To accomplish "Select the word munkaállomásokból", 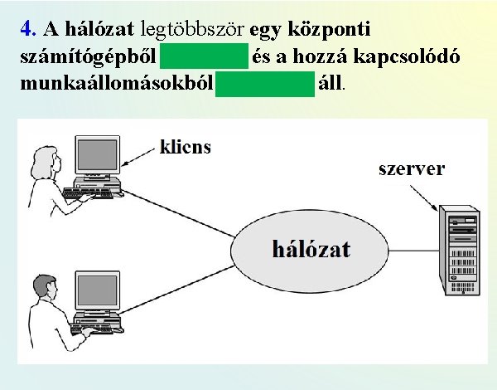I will click(x=113, y=84).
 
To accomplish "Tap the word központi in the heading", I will click(x=330, y=29).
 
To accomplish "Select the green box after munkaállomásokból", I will click(x=265, y=83).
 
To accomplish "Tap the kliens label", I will click(x=185, y=148).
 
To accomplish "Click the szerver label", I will click(x=411, y=169).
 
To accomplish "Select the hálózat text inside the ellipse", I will click(x=311, y=249).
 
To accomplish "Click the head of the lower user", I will click(x=41, y=287).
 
